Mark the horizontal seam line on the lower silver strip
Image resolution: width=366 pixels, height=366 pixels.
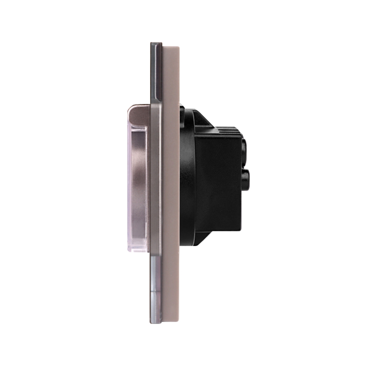point(155,291)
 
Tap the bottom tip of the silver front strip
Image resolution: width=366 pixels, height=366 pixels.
point(155,321)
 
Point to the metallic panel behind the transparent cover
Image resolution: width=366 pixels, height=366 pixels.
point(140,183)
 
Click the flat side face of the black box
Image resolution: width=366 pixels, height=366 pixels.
point(218,183)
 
